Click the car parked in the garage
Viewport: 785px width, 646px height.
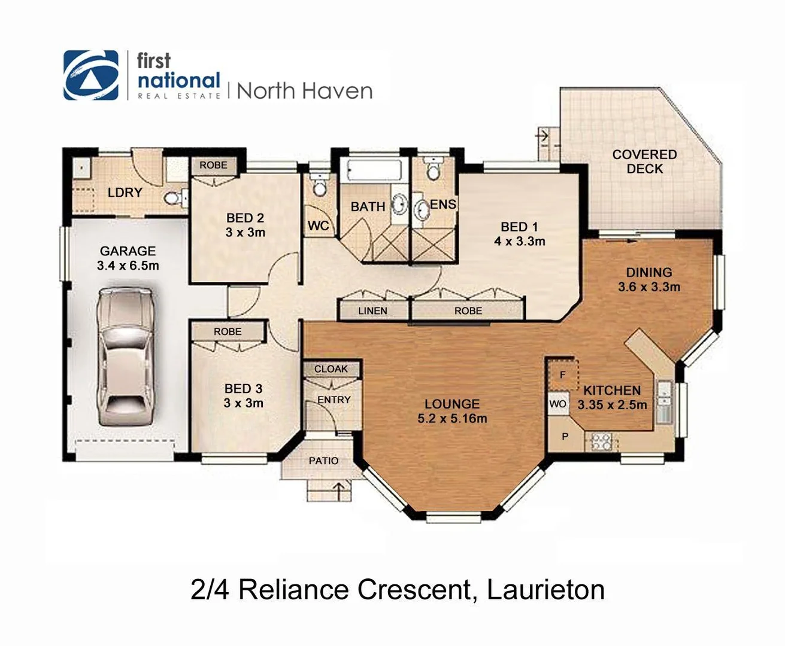pyautogui.click(x=126, y=357)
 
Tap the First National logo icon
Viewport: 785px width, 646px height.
pyautogui.click(x=91, y=75)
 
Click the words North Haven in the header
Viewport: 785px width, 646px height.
pyautogui.click(x=305, y=91)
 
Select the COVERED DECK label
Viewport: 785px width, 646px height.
pyautogui.click(x=644, y=161)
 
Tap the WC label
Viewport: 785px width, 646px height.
pyautogui.click(x=318, y=226)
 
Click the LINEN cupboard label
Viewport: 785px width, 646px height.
pyautogui.click(x=372, y=311)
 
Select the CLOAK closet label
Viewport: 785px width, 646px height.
pyautogui.click(x=331, y=369)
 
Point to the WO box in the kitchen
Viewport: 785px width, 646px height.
pyautogui.click(x=557, y=404)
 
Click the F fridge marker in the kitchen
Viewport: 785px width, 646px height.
pyautogui.click(x=562, y=375)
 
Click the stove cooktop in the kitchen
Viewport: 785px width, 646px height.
pyautogui.click(x=601, y=442)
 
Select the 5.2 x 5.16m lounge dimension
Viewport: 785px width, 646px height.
pyautogui.click(x=452, y=419)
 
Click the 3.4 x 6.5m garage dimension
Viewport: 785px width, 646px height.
pyautogui.click(x=128, y=266)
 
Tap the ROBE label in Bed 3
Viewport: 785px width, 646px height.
pyautogui.click(x=228, y=331)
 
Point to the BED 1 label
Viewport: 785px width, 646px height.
pyautogui.click(x=519, y=227)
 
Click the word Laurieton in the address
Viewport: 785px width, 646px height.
pyautogui.click(x=545, y=590)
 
